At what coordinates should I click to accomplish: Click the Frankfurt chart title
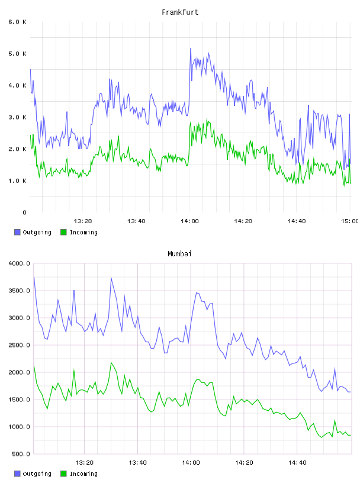coord(180,12)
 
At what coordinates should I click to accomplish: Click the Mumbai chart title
coord(179,254)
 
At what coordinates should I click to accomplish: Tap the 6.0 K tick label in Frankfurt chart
coord(18,22)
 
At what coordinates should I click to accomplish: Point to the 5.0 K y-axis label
coord(18,54)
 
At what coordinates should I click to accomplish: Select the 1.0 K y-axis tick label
coord(18,181)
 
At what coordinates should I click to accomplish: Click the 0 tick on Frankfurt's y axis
coord(25,212)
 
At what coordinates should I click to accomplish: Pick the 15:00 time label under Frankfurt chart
coord(350,221)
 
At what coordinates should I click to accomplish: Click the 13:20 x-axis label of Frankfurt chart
coord(83,221)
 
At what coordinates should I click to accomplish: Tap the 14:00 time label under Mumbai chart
coord(191,463)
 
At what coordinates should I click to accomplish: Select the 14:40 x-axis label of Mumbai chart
coord(297,463)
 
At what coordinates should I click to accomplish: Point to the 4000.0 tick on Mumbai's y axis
coord(19,263)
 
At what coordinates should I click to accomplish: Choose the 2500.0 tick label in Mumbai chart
coord(19,345)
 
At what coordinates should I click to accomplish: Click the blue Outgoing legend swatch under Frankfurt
coord(17,232)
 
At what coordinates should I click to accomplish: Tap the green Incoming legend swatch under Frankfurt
coord(63,232)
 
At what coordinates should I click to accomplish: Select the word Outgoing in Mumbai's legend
coord(37,474)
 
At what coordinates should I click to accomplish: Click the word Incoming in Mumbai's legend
coord(83,474)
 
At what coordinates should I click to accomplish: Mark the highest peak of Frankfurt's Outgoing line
coord(191,49)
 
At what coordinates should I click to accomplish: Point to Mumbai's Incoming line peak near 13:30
coord(111,363)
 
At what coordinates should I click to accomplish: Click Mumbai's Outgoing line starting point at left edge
coord(34,277)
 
